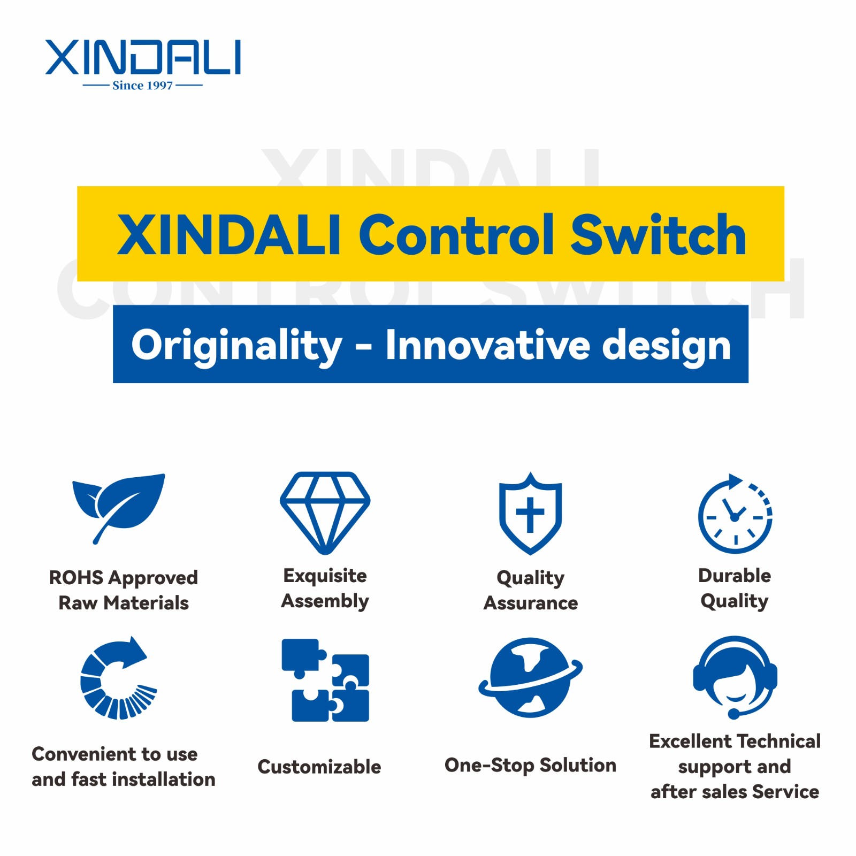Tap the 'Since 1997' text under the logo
click(142, 85)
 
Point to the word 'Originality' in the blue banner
click(236, 346)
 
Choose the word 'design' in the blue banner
click(666, 346)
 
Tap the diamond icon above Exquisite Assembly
click(325, 513)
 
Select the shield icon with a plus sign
click(530, 513)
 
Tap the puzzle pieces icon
click(325, 680)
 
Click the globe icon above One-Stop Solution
click(530, 677)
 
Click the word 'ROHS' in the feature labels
click(76, 578)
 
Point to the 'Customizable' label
click(319, 767)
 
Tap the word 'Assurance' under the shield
click(531, 603)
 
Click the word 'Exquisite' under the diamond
click(325, 576)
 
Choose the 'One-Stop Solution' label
click(531, 765)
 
